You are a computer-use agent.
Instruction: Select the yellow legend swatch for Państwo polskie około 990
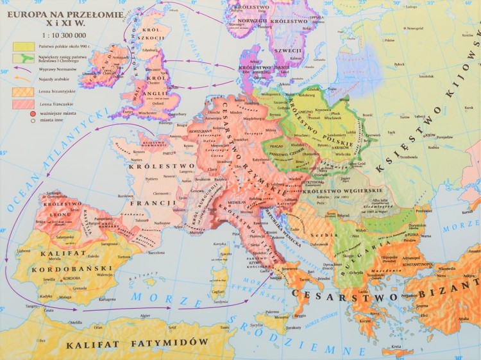[x=22, y=46]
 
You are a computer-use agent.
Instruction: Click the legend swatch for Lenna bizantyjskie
[x=22, y=91]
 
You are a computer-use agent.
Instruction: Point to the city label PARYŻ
[x=169, y=154]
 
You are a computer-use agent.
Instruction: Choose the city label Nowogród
[x=414, y=28]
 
